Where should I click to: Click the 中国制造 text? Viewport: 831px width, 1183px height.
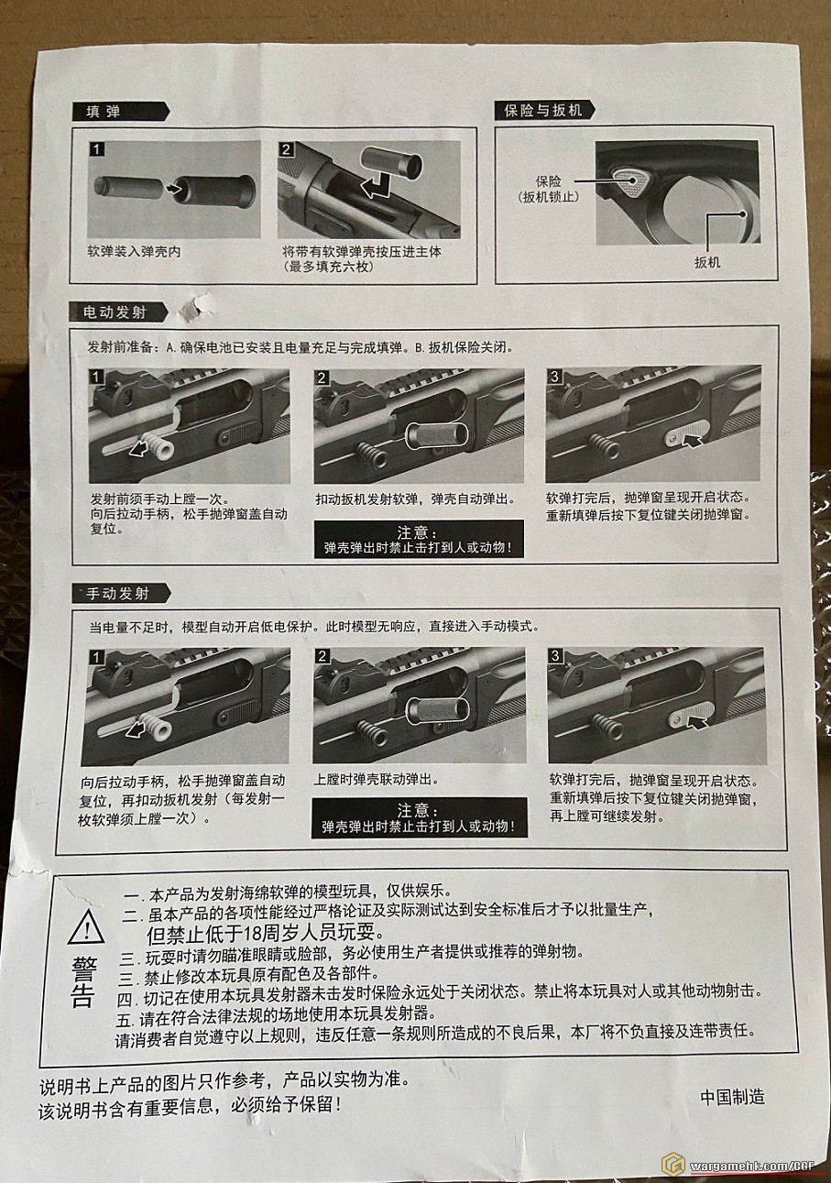(732, 1097)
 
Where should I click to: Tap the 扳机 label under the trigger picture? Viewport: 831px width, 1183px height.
(707, 262)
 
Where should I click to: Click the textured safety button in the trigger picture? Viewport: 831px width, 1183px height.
(631, 181)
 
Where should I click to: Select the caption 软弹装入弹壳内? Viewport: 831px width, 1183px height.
(134, 251)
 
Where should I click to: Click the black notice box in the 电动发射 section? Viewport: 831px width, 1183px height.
(419, 539)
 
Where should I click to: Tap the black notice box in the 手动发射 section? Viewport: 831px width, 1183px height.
(420, 817)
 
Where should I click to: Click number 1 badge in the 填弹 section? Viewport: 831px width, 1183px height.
(96, 149)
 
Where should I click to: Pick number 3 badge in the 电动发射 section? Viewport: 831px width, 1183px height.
(554, 377)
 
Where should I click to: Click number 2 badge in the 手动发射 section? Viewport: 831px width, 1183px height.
(323, 656)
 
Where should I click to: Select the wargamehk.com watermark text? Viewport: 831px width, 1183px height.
(752, 1165)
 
